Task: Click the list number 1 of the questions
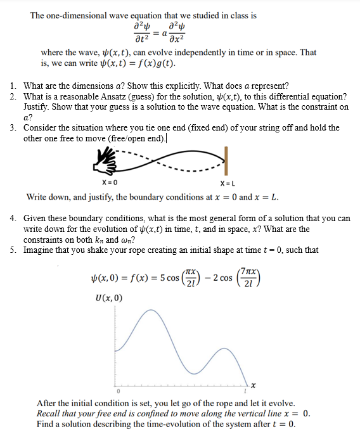tap(13, 86)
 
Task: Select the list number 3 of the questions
tap(13, 127)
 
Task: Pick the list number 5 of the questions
tap(13, 250)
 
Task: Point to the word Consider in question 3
tap(41, 127)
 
